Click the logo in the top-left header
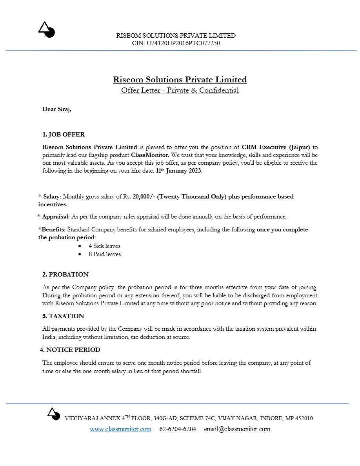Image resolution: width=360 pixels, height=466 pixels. pyautogui.click(x=46, y=29)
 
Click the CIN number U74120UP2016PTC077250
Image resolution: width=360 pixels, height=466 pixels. pyautogui.click(x=183, y=43)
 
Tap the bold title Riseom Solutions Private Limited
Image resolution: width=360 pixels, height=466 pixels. pyautogui.click(x=180, y=80)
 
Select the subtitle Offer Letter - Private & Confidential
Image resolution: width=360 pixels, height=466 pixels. pyautogui.click(x=180, y=90)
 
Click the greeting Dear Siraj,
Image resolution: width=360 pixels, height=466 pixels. pyautogui.click(x=57, y=109)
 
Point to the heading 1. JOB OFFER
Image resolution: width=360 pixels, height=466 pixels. pyautogui.click(x=64, y=135)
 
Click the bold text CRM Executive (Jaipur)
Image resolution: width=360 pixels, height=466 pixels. pyautogui.click(x=276, y=147)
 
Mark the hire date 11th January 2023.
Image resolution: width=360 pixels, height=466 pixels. pyautogui.click(x=179, y=171)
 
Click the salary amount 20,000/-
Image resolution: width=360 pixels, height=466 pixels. pyautogui.click(x=144, y=197)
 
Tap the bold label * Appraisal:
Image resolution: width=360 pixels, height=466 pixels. pyautogui.click(x=54, y=217)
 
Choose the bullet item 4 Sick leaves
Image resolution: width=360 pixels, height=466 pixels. pyautogui.click(x=104, y=246)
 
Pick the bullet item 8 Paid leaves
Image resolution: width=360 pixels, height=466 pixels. pyautogui.click(x=105, y=254)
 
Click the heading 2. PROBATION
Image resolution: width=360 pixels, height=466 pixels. pyautogui.click(x=65, y=274)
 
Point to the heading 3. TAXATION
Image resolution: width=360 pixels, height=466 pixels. pyautogui.click(x=63, y=316)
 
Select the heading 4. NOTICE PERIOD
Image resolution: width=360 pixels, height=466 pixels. pyautogui.click(x=70, y=349)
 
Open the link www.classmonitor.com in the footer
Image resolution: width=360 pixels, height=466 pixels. pyautogui.click(x=120, y=429)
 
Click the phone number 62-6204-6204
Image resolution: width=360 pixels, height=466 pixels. pyautogui.click(x=178, y=429)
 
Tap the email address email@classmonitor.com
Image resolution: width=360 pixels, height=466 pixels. pyautogui.click(x=237, y=429)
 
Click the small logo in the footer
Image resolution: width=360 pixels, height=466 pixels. pyautogui.click(x=53, y=413)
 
